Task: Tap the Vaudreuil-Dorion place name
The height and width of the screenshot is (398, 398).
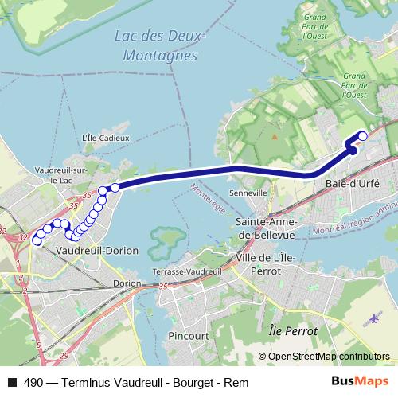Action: [98, 250]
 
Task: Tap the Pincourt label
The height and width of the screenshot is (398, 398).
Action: [189, 337]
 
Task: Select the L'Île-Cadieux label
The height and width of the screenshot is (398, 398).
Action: [101, 137]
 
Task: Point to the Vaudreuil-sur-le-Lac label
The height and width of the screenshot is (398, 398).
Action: [60, 175]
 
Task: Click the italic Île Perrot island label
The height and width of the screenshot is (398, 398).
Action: [293, 330]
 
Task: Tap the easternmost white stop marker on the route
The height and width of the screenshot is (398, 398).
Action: [363, 135]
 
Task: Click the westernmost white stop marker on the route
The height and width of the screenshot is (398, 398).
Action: [36, 241]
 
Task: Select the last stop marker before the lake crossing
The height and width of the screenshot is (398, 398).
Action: [115, 187]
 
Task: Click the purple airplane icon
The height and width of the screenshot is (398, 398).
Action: [374, 319]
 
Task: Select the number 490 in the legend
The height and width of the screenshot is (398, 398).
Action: [33, 383]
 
